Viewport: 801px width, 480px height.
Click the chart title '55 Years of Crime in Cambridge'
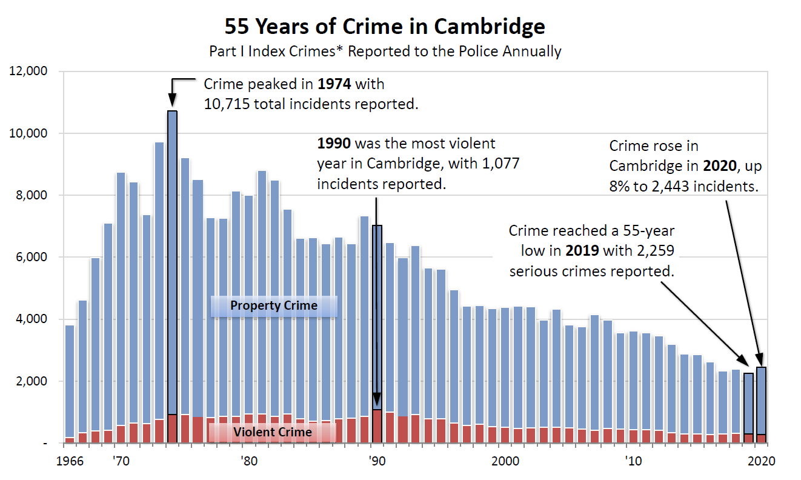coord(385,27)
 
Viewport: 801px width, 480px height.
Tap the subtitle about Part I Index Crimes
coord(385,52)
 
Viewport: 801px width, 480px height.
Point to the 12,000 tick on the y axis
coord(29,72)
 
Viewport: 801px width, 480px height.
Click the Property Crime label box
coord(273,305)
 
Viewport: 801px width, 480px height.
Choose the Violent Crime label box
coord(273,432)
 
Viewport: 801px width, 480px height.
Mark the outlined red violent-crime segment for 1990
coord(377,427)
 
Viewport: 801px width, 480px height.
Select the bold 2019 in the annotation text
coord(583,251)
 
